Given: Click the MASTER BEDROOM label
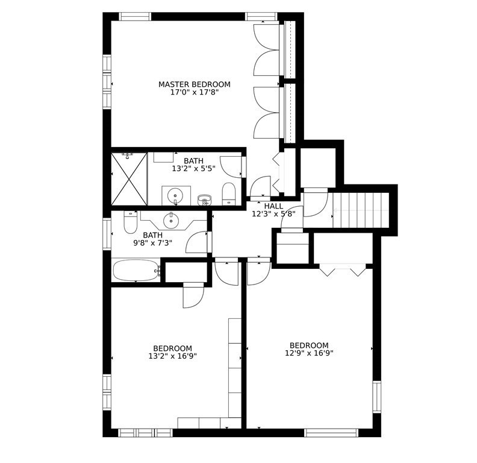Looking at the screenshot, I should click(x=194, y=84).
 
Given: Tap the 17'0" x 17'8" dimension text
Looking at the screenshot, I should click(x=194, y=93).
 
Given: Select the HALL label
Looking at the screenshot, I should click(x=273, y=206).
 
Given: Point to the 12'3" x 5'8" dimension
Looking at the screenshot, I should click(x=273, y=214).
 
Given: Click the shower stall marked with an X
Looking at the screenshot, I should click(x=129, y=179).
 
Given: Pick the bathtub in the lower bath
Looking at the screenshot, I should click(x=137, y=270).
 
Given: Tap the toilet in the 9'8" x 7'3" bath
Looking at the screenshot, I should click(x=131, y=223).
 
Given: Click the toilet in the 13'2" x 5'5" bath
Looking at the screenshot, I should click(x=229, y=194).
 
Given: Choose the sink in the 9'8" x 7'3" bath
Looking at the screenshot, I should click(x=172, y=219).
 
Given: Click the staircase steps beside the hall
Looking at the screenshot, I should click(x=361, y=210).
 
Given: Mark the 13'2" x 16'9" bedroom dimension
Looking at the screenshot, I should click(x=172, y=356).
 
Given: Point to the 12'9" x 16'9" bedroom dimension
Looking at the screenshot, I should click(x=309, y=354).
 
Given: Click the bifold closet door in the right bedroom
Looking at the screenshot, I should click(x=342, y=269).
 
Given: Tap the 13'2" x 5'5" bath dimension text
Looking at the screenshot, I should click(x=193, y=169).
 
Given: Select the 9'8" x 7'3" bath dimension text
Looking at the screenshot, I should click(x=152, y=244).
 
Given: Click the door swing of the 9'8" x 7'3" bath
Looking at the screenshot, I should click(x=197, y=242).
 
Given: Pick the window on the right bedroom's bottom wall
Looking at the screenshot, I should click(x=331, y=432).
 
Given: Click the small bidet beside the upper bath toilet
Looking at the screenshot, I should click(x=205, y=200).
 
